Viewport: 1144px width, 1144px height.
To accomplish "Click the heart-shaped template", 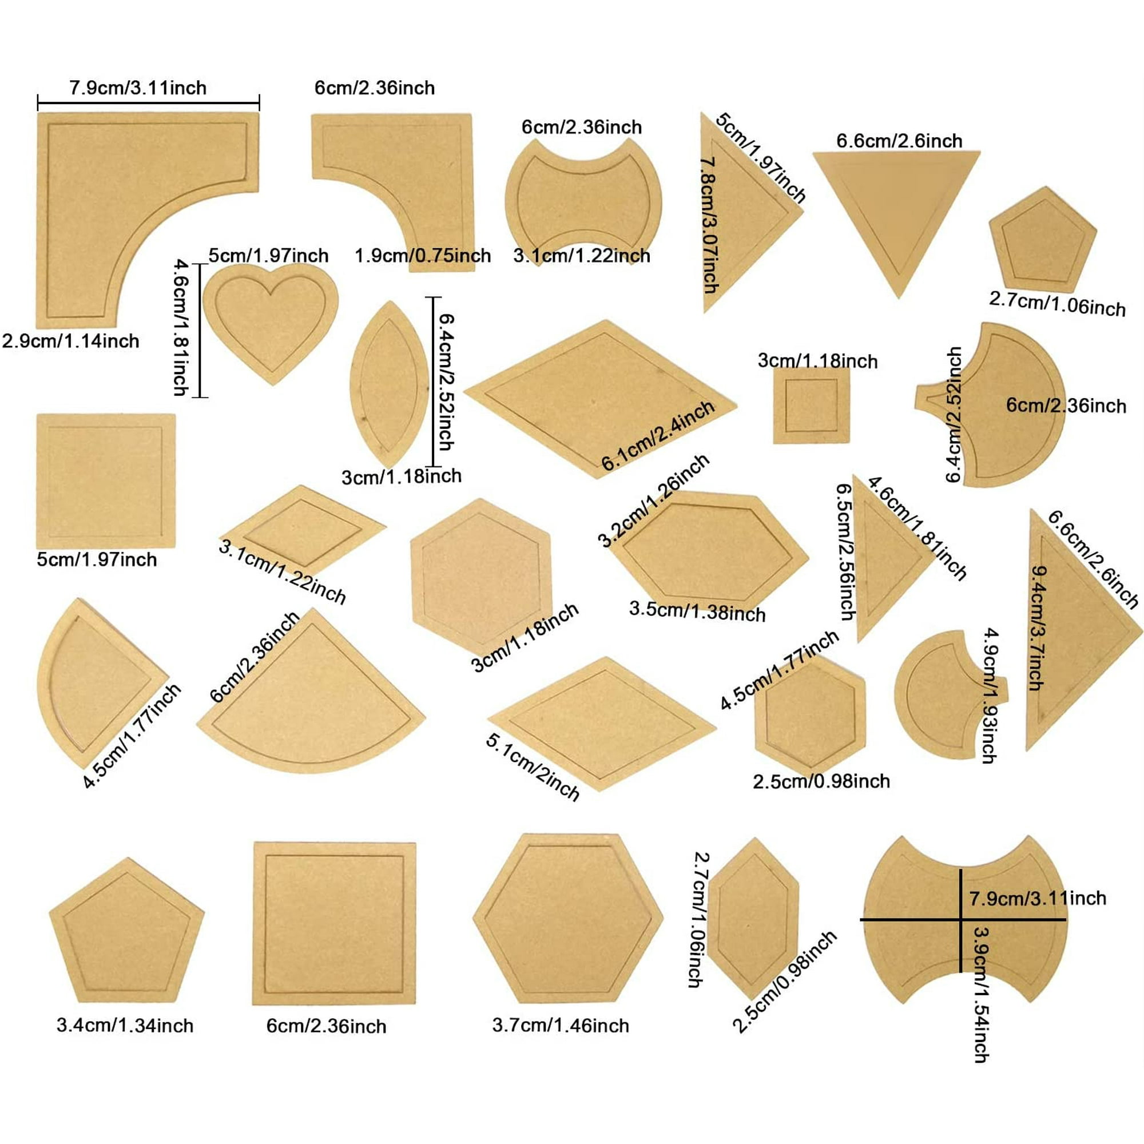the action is point(271,320).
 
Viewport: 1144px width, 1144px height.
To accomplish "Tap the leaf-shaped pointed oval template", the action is point(390,385).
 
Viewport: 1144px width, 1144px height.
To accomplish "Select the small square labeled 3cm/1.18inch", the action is point(811,406).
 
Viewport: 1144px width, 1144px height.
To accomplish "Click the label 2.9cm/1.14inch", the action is point(70,341).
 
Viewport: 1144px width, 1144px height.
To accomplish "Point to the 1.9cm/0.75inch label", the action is point(423,256).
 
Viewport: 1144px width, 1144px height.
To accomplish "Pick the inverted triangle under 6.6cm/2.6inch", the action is point(896,219).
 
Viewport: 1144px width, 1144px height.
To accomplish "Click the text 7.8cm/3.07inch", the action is point(709,225).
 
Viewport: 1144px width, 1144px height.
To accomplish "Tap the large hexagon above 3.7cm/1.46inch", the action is point(568,920).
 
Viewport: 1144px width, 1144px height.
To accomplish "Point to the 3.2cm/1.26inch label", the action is point(653,500).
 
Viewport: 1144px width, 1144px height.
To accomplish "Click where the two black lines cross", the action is point(960,920).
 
